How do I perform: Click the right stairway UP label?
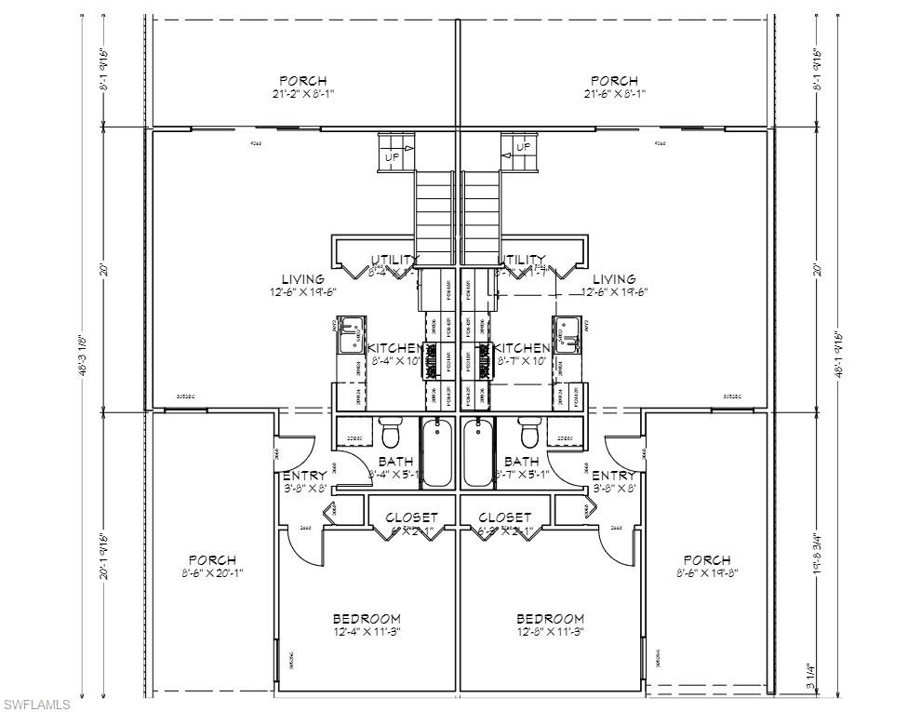[x=523, y=147]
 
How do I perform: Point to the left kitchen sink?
[x=351, y=334]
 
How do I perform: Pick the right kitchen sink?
[x=568, y=334]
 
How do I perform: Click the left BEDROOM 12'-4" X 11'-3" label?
[x=367, y=625]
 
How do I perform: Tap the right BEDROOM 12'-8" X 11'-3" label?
[x=551, y=625]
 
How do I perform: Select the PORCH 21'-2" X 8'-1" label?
[x=303, y=87]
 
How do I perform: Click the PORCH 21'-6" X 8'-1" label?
[x=614, y=87]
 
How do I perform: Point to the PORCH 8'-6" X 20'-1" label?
[x=212, y=566]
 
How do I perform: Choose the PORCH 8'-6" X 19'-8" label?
[x=706, y=566]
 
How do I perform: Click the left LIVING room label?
[x=303, y=285]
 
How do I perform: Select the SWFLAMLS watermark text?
[x=37, y=704]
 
